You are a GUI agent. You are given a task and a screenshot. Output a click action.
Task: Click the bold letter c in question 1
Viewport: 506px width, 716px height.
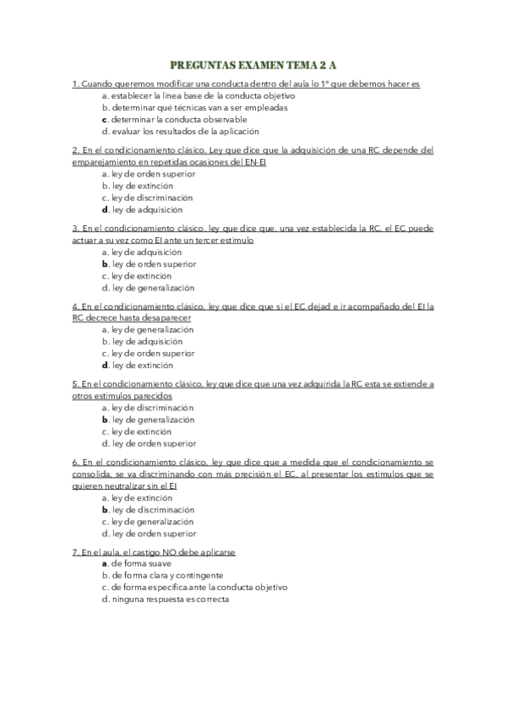[x=104, y=120]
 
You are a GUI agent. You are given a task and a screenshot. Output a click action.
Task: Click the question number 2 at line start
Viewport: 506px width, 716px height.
[x=75, y=150]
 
